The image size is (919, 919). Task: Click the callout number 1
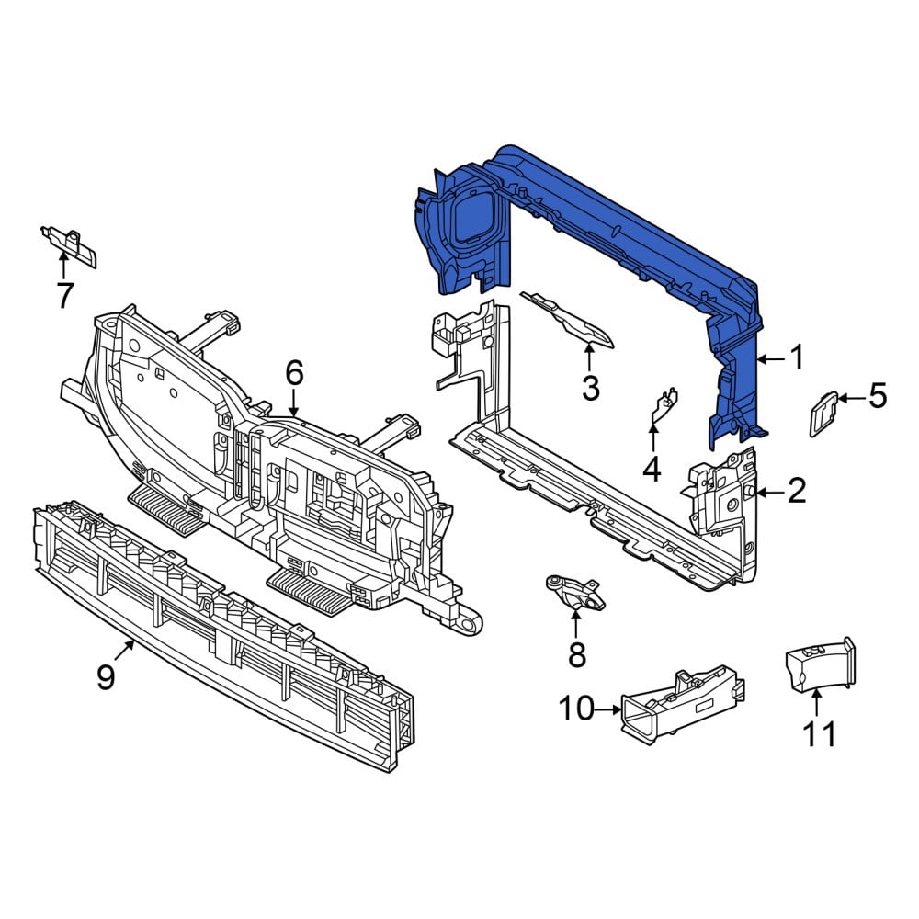click(x=797, y=357)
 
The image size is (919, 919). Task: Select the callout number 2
click(x=797, y=491)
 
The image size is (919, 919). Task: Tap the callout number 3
click(x=590, y=388)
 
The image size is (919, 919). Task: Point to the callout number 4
click(x=652, y=469)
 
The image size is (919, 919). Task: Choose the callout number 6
click(x=294, y=372)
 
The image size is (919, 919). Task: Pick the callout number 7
click(x=65, y=295)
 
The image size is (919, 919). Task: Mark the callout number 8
click(x=577, y=654)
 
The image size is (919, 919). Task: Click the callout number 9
click(x=106, y=678)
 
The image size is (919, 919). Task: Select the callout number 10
click(x=577, y=709)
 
